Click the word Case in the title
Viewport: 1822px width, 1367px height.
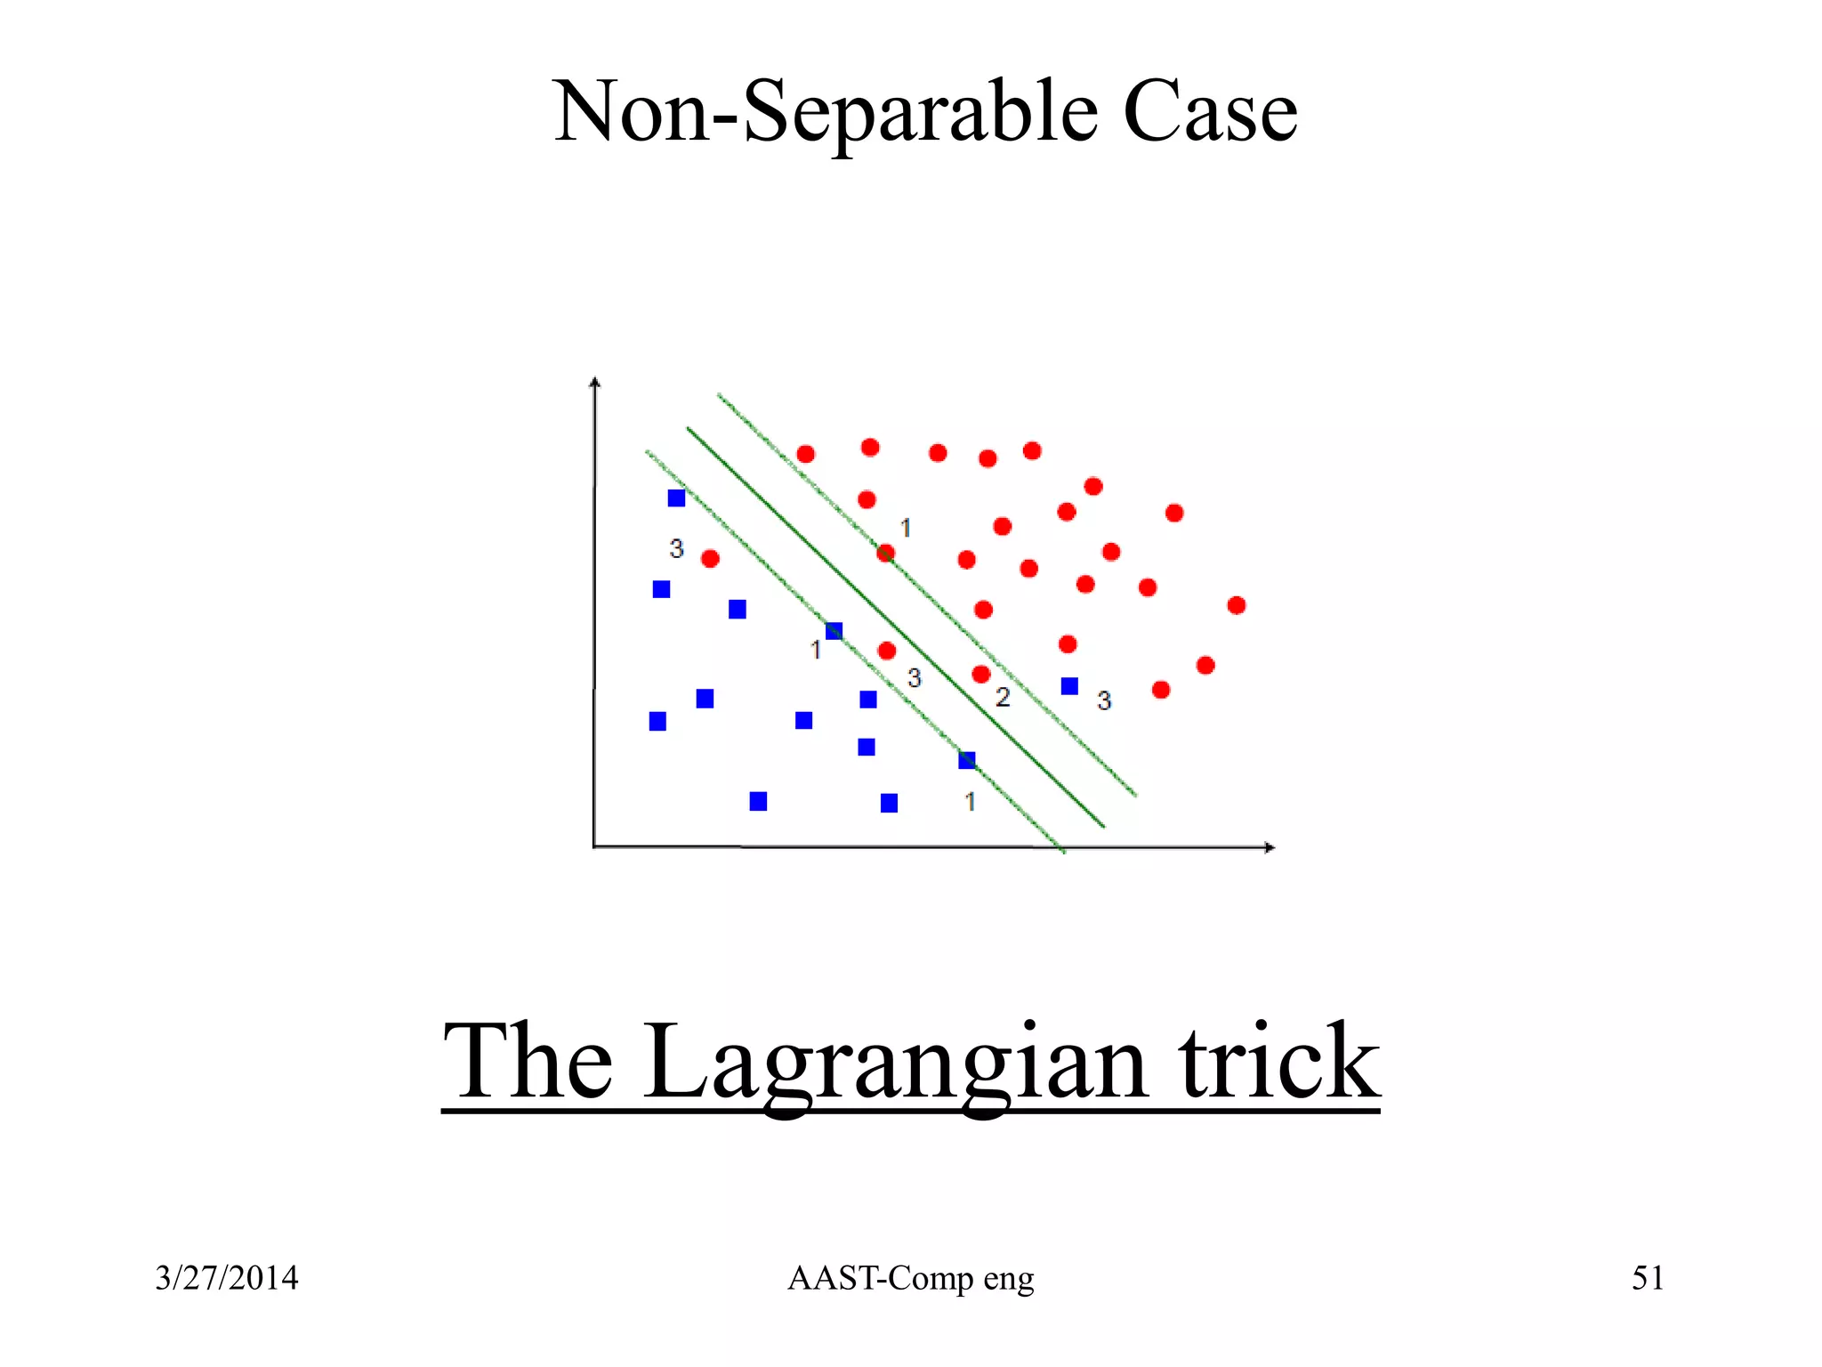tap(1210, 113)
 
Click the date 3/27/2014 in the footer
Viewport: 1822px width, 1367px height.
tap(226, 1278)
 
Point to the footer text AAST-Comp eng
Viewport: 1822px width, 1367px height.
tap(910, 1278)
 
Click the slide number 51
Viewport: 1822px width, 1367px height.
tap(1647, 1278)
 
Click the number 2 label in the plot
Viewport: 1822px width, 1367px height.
tap(1003, 697)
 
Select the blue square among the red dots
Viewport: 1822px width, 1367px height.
tap(1069, 686)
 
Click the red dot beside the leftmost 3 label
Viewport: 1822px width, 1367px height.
tap(710, 559)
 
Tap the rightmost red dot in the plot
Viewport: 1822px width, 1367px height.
tap(1236, 605)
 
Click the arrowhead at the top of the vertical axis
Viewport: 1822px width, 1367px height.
tap(595, 383)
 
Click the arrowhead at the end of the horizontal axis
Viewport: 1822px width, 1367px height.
tap(1270, 847)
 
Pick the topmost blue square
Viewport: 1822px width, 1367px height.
tap(676, 498)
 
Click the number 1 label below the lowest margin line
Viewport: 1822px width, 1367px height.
tap(970, 802)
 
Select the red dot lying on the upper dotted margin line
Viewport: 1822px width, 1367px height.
tap(885, 554)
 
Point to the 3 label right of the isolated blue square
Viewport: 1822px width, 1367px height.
tap(1104, 700)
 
